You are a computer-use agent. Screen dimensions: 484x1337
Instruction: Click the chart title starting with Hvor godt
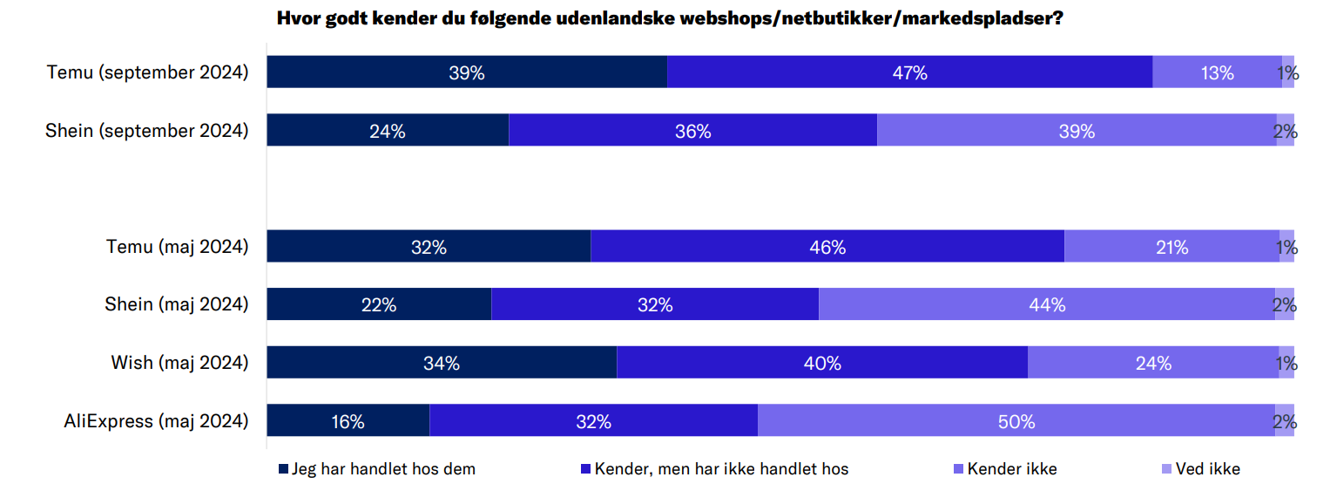pyautogui.click(x=669, y=18)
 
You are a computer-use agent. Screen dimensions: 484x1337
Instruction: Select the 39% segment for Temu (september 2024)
pyautogui.click(x=467, y=72)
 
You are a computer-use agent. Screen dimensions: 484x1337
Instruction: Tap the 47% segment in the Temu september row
pyautogui.click(x=909, y=72)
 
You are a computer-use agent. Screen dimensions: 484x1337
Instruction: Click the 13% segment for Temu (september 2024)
pyautogui.click(x=1217, y=72)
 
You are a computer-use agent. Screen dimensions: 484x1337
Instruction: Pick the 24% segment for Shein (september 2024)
pyautogui.click(x=388, y=131)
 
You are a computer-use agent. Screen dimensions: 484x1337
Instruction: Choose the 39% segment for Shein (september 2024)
pyautogui.click(x=1077, y=131)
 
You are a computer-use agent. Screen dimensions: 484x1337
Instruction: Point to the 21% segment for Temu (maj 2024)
pyautogui.click(x=1172, y=247)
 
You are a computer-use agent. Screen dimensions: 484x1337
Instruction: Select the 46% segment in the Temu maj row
pyautogui.click(x=827, y=247)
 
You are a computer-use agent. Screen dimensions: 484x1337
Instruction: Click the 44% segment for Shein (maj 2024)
pyautogui.click(x=1047, y=304)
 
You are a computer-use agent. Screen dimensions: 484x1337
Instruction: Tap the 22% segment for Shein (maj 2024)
pyautogui.click(x=379, y=304)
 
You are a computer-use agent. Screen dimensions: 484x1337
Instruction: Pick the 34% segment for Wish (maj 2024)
pyautogui.click(x=442, y=363)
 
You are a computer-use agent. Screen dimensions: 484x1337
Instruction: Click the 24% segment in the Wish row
pyautogui.click(x=1153, y=363)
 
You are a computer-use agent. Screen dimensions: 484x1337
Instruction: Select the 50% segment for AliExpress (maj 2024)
pyautogui.click(x=1016, y=421)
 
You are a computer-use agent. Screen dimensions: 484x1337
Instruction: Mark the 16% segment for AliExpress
pyautogui.click(x=348, y=421)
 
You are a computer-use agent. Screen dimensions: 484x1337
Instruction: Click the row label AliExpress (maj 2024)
pyautogui.click(x=156, y=421)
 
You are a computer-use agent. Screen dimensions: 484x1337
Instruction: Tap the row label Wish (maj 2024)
pyautogui.click(x=179, y=363)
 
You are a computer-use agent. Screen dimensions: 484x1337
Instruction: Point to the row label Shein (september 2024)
pyautogui.click(x=147, y=131)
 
